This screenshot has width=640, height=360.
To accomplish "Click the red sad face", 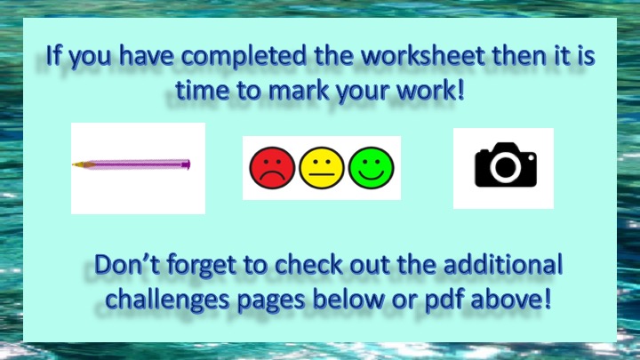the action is tap(272, 168).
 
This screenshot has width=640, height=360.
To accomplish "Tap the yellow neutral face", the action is tap(322, 168).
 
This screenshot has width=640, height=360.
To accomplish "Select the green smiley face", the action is tap(371, 168).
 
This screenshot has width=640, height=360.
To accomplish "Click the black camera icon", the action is tap(506, 164).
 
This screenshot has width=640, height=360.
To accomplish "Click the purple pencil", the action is tap(131, 164).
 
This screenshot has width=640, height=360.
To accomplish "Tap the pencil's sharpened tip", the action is tap(74, 164).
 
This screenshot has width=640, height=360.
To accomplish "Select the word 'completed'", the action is tap(244, 57).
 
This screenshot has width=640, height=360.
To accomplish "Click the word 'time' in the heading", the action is tap(202, 91).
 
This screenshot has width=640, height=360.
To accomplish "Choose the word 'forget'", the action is tap(201, 266).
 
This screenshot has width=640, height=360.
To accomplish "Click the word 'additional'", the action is tap(503, 265).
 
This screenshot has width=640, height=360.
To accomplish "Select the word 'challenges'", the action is tap(167, 300).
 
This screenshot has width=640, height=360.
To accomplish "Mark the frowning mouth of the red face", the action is tap(272, 177).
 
